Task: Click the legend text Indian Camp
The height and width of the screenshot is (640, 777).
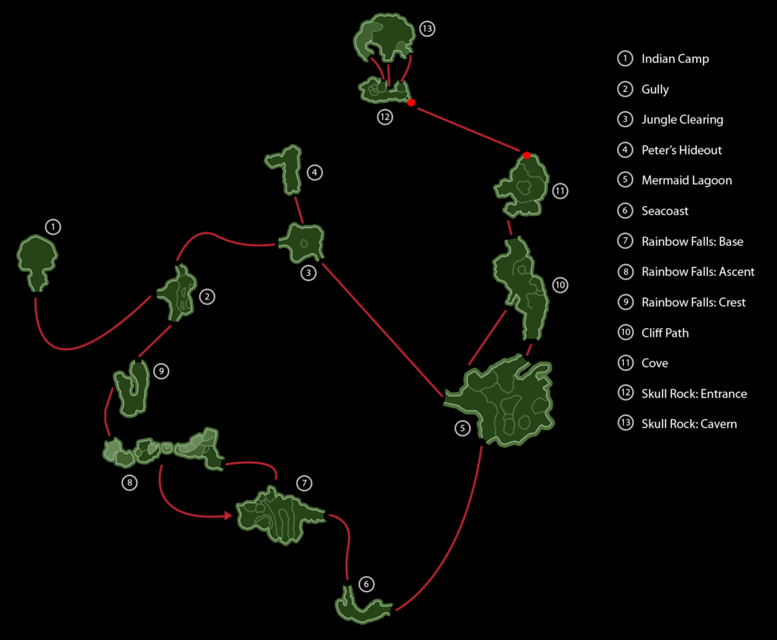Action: [x=674, y=59]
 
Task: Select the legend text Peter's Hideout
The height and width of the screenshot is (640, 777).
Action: [x=681, y=150]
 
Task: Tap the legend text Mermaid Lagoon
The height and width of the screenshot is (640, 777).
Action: [x=686, y=180]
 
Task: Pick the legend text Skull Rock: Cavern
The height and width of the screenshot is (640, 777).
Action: [x=688, y=424]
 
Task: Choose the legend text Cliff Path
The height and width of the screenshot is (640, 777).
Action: [x=664, y=333]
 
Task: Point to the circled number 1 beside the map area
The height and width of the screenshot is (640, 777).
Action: [x=52, y=227]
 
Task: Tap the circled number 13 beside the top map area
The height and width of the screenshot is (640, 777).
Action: [x=426, y=30]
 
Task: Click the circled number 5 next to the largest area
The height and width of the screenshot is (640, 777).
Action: [x=463, y=428]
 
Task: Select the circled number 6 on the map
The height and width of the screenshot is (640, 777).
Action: [x=367, y=584]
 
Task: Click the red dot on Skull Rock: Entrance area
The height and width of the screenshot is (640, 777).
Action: [x=411, y=103]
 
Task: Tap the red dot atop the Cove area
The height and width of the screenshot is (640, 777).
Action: [x=527, y=156]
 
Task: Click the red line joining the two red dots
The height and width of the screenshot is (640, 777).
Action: [x=469, y=129]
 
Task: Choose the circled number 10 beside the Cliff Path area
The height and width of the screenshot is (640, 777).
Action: [x=560, y=285]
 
